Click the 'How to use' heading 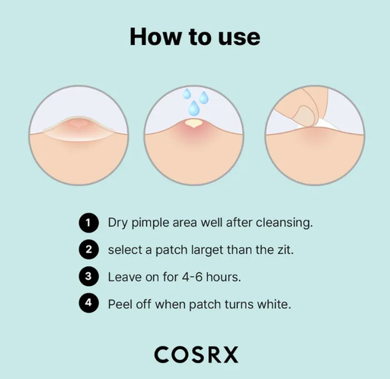[194, 36]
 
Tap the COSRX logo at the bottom [196, 355]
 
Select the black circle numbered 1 [89, 223]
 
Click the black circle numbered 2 [89, 249]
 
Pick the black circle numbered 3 [89, 276]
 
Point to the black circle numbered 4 [89, 303]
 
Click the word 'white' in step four [271, 303]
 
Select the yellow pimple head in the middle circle [193, 122]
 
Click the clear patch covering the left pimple [76, 129]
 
